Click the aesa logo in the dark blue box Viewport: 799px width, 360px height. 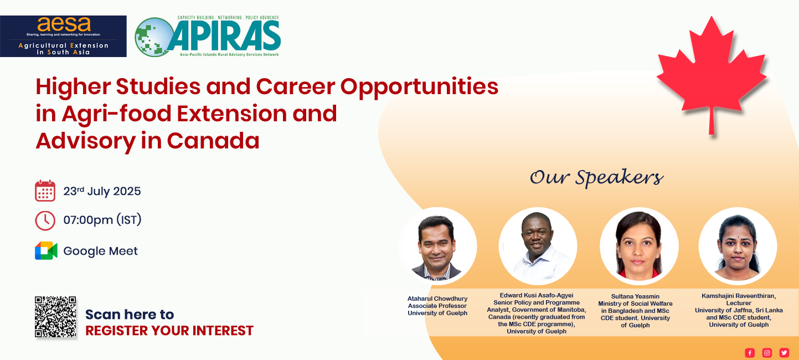tap(63, 36)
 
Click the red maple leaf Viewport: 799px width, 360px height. tap(712, 75)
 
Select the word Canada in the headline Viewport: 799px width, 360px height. tap(213, 141)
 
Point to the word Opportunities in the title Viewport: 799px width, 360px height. tap(419, 88)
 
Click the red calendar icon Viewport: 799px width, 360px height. tap(45, 191)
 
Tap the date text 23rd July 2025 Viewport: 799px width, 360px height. tap(102, 191)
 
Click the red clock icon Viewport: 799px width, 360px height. tap(45, 220)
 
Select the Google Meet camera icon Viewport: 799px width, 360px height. tap(46, 250)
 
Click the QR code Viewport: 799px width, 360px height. tap(55, 316)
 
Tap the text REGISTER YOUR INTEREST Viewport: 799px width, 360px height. tap(169, 331)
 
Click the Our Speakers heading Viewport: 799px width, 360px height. tap(596, 178)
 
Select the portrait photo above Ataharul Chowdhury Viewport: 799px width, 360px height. tap(437, 246)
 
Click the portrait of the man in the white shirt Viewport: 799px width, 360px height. tap(538, 246)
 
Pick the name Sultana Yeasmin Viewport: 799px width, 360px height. tap(635, 296)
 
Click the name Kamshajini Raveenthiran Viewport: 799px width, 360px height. tap(739, 296)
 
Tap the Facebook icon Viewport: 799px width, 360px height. tap(750, 353)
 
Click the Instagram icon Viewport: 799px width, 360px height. tap(767, 353)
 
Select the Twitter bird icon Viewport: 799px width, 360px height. tap(784, 353)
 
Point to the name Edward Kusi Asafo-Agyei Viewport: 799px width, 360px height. tap(537, 295)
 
